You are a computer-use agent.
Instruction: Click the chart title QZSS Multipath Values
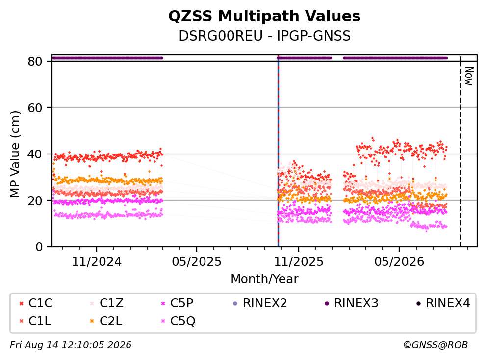click(x=264, y=16)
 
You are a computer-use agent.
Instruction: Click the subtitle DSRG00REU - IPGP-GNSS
click(x=265, y=36)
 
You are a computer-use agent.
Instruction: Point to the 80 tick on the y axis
click(x=35, y=61)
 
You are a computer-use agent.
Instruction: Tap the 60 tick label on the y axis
click(x=35, y=108)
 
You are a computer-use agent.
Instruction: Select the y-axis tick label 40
click(x=35, y=154)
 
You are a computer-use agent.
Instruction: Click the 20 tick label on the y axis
click(x=35, y=200)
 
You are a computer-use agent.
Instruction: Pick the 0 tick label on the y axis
click(x=39, y=247)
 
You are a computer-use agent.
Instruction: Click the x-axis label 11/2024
click(x=97, y=262)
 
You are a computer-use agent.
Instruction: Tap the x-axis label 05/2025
click(x=197, y=262)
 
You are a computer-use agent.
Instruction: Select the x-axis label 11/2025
click(x=299, y=262)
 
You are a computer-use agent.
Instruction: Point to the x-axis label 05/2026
click(x=399, y=262)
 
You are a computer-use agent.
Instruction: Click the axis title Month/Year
click(x=265, y=279)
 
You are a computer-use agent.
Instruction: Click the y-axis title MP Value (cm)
click(x=15, y=154)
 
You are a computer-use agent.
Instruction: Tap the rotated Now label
click(x=469, y=76)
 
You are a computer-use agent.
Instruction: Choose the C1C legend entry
click(x=36, y=303)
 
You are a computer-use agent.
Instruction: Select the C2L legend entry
click(x=106, y=321)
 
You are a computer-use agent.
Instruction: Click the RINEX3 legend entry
click(x=352, y=303)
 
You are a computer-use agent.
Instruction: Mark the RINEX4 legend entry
click(x=443, y=303)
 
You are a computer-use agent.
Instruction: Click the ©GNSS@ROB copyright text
click(x=436, y=345)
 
